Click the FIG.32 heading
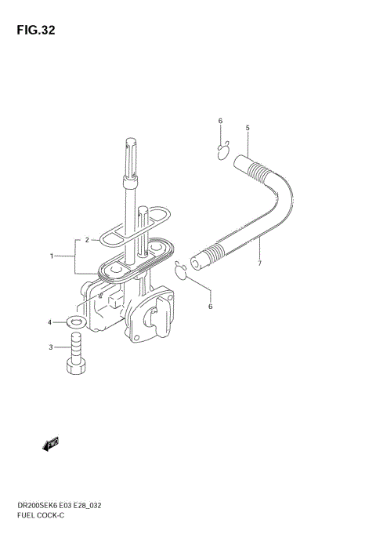(36, 30)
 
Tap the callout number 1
(52, 256)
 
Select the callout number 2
(87, 240)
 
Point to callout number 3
(51, 347)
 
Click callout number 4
(49, 322)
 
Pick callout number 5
(248, 128)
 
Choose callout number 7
(259, 263)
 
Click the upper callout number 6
(220, 121)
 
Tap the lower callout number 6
(210, 306)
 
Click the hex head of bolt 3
(76, 368)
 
